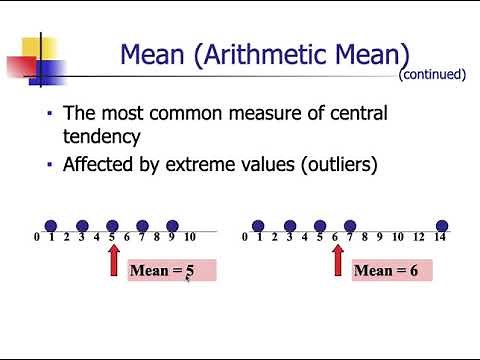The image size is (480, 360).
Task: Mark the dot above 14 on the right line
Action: [x=442, y=226]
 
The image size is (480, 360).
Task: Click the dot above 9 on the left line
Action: [x=172, y=226]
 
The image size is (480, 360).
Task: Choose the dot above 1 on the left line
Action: [x=51, y=226]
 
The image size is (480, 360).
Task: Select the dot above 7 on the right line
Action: [x=350, y=226]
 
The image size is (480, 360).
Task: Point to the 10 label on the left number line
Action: [x=189, y=238]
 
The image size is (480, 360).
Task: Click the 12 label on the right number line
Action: [x=420, y=238]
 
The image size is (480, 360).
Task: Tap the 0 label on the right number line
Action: [x=244, y=238]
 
